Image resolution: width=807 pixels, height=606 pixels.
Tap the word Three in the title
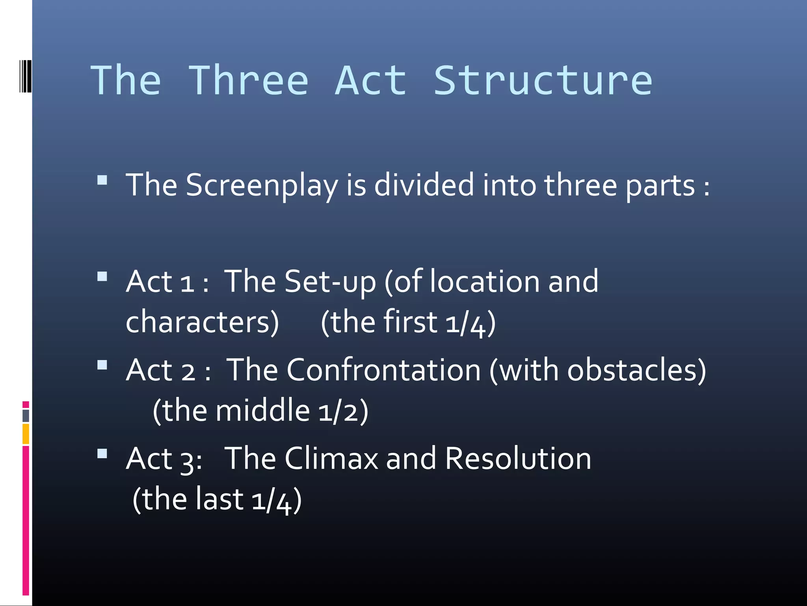(x=248, y=81)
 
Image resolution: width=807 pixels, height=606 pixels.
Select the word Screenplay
(x=262, y=185)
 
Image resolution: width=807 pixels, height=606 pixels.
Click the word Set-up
(x=330, y=282)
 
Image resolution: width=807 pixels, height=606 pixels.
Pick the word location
(x=484, y=282)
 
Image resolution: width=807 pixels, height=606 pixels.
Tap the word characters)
(x=202, y=322)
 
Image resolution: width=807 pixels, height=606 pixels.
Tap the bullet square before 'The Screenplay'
(x=102, y=180)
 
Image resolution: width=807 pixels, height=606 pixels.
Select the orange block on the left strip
(x=26, y=434)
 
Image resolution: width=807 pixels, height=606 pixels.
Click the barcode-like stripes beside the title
(x=26, y=76)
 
